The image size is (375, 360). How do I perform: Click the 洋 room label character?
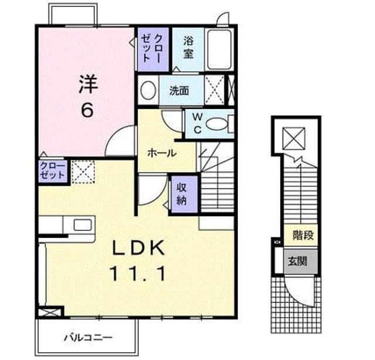(88, 84)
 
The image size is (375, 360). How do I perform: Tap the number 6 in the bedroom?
(87, 110)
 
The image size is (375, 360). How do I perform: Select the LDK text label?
(138, 248)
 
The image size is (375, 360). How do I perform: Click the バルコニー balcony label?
(88, 338)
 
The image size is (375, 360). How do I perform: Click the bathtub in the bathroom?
(219, 50)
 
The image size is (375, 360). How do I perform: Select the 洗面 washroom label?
(179, 91)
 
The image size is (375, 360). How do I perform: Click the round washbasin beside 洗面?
(148, 90)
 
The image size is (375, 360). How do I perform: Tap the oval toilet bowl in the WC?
(216, 124)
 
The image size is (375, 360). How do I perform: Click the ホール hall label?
(162, 153)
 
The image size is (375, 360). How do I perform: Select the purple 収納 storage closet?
(183, 194)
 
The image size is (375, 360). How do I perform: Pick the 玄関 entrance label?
(298, 261)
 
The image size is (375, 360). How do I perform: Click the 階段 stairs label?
(303, 235)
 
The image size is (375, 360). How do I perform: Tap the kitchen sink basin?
(83, 225)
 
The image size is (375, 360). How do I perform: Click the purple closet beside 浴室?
(154, 49)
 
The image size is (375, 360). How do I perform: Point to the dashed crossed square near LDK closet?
(83, 172)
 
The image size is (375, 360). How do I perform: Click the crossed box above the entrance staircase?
(294, 138)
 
